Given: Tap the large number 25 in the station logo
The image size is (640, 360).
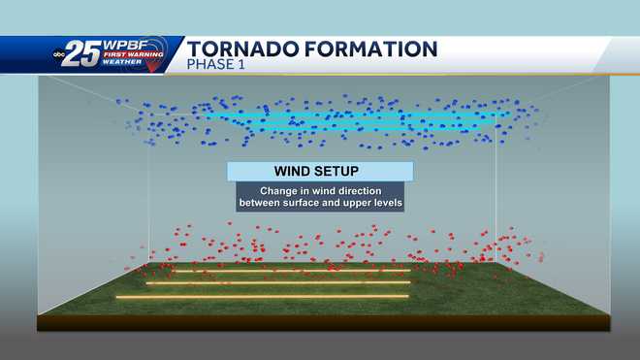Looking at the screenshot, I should coord(85,54).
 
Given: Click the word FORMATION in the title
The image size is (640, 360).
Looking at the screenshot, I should coord(372,49).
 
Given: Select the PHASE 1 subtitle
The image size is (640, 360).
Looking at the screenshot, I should coord(219,66).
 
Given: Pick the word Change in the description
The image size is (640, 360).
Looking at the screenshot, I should coord(278,190).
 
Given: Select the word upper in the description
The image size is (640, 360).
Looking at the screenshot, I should coord(366,204).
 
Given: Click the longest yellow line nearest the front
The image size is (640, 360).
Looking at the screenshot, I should coord(262,296).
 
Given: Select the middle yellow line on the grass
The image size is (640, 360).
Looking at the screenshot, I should coord(276,282).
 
